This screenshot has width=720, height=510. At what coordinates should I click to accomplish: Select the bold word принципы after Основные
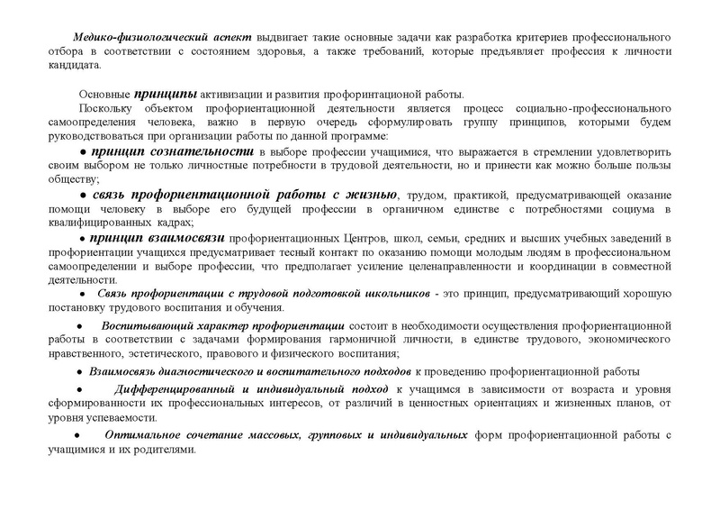click(x=162, y=93)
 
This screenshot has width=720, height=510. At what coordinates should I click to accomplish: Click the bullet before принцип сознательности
click(x=84, y=151)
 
